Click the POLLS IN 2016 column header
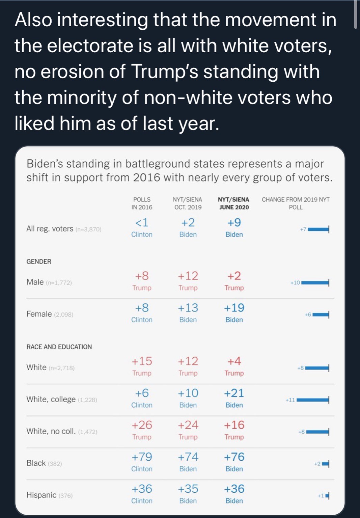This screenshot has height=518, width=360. (x=142, y=203)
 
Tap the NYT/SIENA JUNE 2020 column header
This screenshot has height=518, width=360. (x=234, y=203)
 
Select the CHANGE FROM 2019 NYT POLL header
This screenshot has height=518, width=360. (x=296, y=203)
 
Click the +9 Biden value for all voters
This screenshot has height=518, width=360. (x=234, y=227)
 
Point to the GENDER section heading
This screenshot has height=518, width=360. (x=39, y=262)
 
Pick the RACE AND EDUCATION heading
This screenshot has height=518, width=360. (x=59, y=347)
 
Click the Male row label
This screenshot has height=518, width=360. (x=35, y=282)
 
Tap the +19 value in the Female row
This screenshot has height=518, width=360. (x=234, y=308)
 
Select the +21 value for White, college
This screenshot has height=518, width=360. (x=234, y=393)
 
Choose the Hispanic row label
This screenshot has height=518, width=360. (x=41, y=495)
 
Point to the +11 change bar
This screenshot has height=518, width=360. (x=312, y=400)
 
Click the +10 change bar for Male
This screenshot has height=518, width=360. (x=315, y=283)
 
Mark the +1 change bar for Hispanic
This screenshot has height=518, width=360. (x=327, y=496)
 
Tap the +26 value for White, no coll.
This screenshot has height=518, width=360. (x=142, y=425)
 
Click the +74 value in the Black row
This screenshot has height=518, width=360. (x=188, y=457)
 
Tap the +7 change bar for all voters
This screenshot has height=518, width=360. (x=318, y=229)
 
